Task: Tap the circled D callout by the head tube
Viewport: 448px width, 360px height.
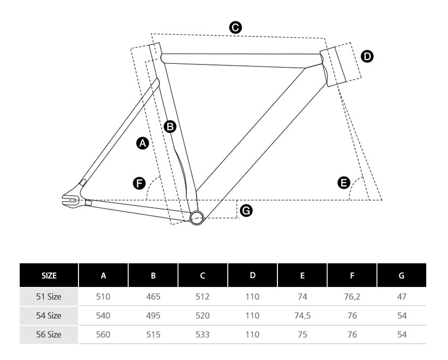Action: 367,56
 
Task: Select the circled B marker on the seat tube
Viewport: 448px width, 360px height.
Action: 170,127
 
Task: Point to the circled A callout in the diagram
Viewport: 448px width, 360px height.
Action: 142,143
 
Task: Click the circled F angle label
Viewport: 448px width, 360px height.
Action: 140,183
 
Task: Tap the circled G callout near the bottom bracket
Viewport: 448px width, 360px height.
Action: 246,210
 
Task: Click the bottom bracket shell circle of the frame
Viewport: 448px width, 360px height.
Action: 197,218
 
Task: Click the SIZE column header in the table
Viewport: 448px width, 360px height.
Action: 49,275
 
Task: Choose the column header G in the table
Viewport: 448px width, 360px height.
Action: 402,275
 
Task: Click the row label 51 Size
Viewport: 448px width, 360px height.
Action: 49,297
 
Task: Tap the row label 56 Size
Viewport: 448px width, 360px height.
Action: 49,334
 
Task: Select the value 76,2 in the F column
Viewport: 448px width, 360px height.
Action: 352,297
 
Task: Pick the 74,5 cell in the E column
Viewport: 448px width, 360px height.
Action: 302,316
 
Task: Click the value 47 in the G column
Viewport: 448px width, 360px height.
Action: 402,297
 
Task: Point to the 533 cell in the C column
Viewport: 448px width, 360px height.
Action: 202,334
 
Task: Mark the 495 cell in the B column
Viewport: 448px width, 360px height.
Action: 153,316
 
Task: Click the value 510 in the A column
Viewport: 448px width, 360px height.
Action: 103,297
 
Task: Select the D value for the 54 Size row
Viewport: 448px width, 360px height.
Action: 252,316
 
